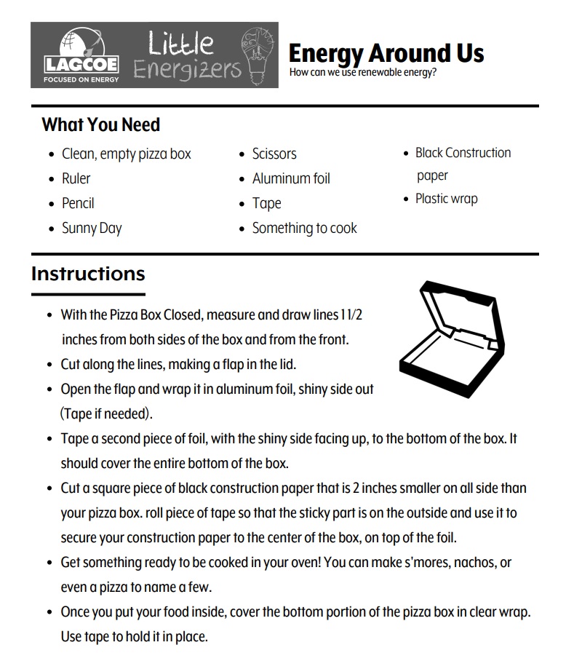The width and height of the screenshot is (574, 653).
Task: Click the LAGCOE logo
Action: tap(80, 55)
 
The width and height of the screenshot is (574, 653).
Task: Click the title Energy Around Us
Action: tap(386, 53)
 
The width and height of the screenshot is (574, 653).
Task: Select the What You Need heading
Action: tap(100, 124)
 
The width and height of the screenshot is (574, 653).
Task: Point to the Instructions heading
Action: tap(88, 274)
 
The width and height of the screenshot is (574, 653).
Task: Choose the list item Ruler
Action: tap(76, 178)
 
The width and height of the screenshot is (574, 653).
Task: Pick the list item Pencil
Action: tap(78, 203)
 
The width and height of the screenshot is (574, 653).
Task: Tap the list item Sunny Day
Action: tap(92, 228)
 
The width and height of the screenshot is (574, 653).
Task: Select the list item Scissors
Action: tap(274, 154)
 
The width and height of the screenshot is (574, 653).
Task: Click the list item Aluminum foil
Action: tap(291, 178)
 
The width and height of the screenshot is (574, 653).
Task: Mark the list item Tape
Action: tap(266, 203)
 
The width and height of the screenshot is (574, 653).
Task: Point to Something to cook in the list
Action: tap(304, 228)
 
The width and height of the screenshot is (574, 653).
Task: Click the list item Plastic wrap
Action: tap(446, 199)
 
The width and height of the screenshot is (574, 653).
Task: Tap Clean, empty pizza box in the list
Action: tap(126, 154)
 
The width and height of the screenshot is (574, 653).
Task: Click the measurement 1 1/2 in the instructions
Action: tap(351, 315)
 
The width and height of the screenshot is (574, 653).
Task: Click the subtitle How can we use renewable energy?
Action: tap(362, 73)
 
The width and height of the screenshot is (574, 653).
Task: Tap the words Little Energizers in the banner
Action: tap(187, 55)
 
